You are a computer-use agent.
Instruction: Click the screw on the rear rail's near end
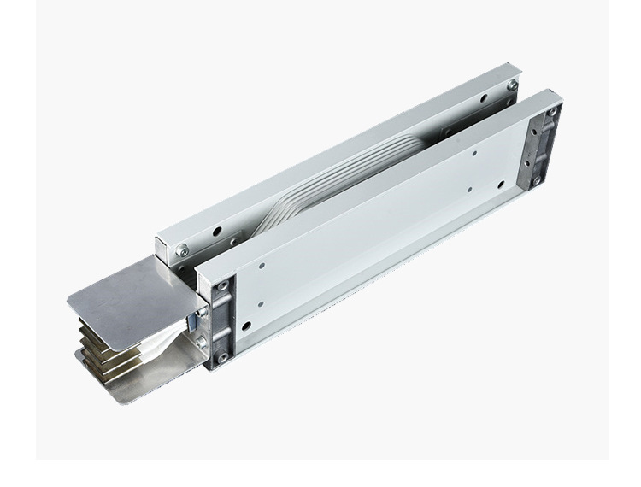pyautogui.click(x=182, y=249)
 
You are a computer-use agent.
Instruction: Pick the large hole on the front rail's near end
pyautogui.click(x=246, y=326)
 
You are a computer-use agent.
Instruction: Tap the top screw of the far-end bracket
pyautogui.click(x=552, y=112)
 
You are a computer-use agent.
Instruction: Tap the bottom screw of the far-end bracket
pyautogui.click(x=536, y=180)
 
